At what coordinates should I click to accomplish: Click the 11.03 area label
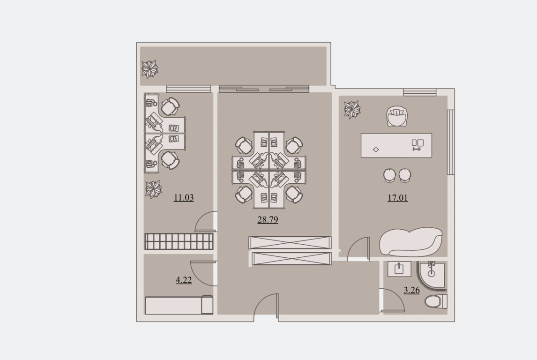(x=184, y=198)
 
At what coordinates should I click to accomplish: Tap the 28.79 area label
(x=268, y=219)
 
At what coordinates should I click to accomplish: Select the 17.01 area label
(x=397, y=198)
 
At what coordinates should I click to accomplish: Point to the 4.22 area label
(x=184, y=280)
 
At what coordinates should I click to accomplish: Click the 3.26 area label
(x=412, y=291)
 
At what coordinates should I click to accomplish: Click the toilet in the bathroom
(x=436, y=301)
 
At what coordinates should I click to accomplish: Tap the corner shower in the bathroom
(x=431, y=276)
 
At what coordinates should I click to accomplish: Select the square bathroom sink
(x=399, y=269)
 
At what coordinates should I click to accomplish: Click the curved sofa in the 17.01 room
(x=410, y=241)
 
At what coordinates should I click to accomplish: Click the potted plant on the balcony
(x=149, y=69)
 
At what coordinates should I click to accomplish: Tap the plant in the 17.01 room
(x=352, y=110)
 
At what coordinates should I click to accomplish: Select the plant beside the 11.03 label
(x=153, y=189)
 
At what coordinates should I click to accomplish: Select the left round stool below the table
(x=389, y=175)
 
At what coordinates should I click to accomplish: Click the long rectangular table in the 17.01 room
(x=396, y=146)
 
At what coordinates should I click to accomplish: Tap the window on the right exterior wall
(x=451, y=142)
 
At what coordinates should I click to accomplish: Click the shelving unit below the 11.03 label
(x=179, y=241)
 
